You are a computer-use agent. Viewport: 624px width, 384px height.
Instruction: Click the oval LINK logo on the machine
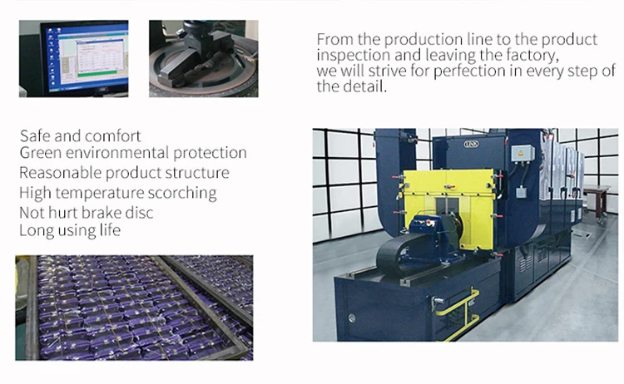471,144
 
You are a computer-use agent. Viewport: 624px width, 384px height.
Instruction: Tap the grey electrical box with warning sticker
522,154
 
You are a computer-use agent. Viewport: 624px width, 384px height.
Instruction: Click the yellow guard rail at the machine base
458,314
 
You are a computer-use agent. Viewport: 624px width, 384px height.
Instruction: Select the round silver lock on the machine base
352,318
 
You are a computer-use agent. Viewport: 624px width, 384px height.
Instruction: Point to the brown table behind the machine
597,199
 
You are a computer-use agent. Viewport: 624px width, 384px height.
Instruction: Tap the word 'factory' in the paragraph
532,55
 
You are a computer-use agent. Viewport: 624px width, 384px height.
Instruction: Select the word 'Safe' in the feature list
35,136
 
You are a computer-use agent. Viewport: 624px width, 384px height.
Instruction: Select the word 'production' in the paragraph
423,40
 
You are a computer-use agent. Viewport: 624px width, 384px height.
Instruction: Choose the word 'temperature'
100,193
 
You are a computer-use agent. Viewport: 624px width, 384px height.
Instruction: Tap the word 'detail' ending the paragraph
365,86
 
